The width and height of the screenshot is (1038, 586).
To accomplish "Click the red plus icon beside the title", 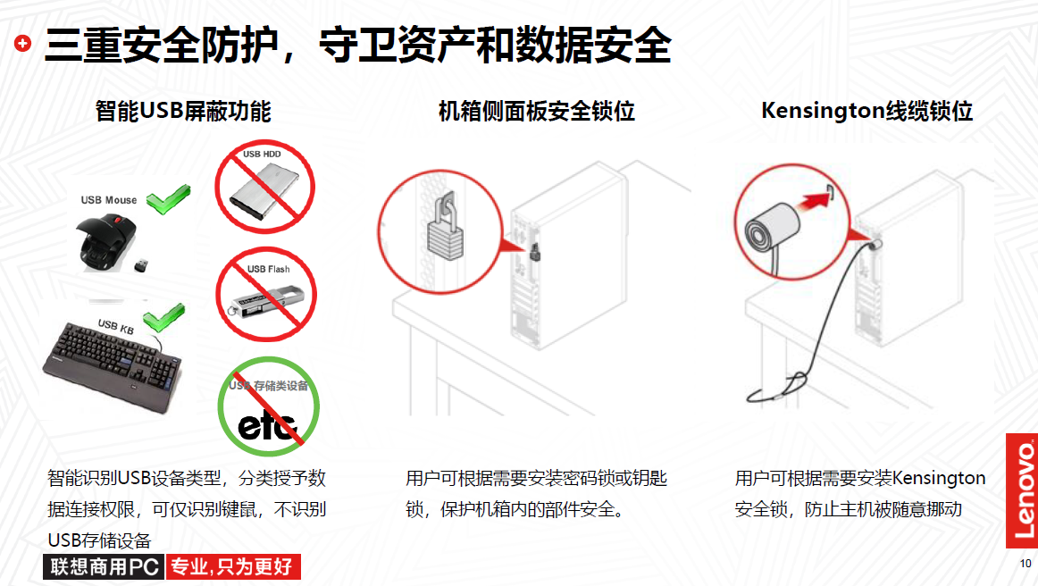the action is [x=22, y=44].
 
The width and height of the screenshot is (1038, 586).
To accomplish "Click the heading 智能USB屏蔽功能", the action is [x=183, y=111].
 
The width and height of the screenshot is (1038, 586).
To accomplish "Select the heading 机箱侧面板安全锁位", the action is [x=537, y=111].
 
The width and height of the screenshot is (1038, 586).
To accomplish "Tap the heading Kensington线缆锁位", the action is [x=866, y=111].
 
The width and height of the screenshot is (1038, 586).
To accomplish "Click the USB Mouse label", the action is [x=109, y=200].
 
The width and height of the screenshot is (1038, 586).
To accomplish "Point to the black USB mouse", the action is [x=108, y=243].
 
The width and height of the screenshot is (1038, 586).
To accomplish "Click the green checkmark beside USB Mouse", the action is [x=168, y=199].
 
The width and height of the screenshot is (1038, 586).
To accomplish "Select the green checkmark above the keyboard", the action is [x=164, y=318].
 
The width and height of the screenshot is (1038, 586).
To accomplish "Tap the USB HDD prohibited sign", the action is [x=264, y=187].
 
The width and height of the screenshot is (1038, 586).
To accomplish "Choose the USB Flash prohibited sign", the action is [x=266, y=295].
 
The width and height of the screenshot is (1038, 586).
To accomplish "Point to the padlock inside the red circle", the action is [x=445, y=230].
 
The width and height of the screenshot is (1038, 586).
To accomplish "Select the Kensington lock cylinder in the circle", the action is [x=773, y=229].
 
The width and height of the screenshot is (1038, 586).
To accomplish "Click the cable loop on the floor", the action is [x=778, y=389].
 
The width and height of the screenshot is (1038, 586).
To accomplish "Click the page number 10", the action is [x=1025, y=564].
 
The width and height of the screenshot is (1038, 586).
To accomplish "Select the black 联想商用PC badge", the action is [x=104, y=567].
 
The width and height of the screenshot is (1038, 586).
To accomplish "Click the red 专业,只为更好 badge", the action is [x=233, y=567].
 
